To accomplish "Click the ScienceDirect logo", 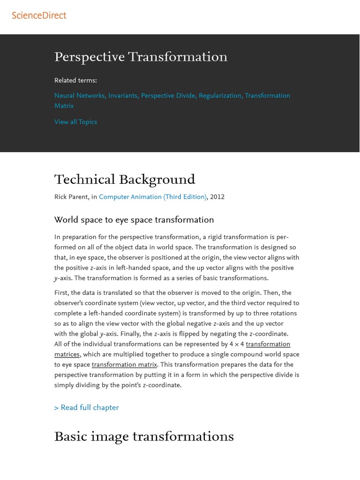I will point(39,15).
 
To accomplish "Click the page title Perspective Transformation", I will point(141,57).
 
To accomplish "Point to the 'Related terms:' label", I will point(75,81).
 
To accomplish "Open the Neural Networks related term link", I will point(80,96).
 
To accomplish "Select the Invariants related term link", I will point(123,96).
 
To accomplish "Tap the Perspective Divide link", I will point(168,96).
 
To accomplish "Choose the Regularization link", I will point(220,96).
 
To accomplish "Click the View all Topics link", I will point(75,122).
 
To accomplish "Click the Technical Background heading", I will point(125,180).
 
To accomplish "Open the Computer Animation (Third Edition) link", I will point(153,197).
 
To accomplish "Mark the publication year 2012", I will point(217,197).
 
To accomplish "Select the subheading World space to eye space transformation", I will point(134,220).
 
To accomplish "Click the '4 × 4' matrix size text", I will point(236,345).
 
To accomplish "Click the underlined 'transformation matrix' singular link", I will point(124,365).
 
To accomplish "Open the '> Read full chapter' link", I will point(86,408).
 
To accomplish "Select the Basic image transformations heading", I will point(144,437).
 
